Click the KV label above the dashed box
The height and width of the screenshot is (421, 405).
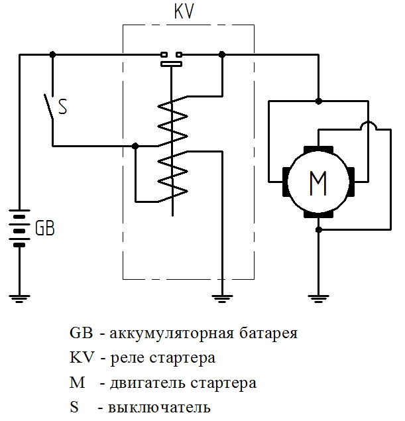click(x=184, y=11)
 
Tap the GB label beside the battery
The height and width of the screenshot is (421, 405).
click(x=45, y=228)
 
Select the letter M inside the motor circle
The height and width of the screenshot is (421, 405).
click(x=318, y=183)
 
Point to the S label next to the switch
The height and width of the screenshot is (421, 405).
click(x=62, y=107)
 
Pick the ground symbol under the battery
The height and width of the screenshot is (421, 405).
click(x=19, y=298)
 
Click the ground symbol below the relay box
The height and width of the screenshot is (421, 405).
click(x=222, y=298)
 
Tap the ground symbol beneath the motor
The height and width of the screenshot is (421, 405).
click(x=318, y=298)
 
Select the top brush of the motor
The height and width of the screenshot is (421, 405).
click(x=318, y=150)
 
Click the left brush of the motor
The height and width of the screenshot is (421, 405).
click(x=286, y=182)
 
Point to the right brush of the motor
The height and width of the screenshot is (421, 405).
click(x=351, y=182)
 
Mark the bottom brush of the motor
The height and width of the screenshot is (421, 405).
click(x=318, y=214)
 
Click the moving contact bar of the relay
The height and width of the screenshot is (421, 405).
click(x=171, y=64)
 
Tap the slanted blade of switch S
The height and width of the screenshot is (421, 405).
click(x=48, y=106)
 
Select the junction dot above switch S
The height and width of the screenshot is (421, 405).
click(x=52, y=54)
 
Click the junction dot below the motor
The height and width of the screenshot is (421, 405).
click(x=319, y=230)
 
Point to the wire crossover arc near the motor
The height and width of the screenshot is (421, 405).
click(x=369, y=124)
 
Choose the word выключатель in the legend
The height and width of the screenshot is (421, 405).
click(x=159, y=408)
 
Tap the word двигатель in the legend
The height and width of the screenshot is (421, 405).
click(x=147, y=384)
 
